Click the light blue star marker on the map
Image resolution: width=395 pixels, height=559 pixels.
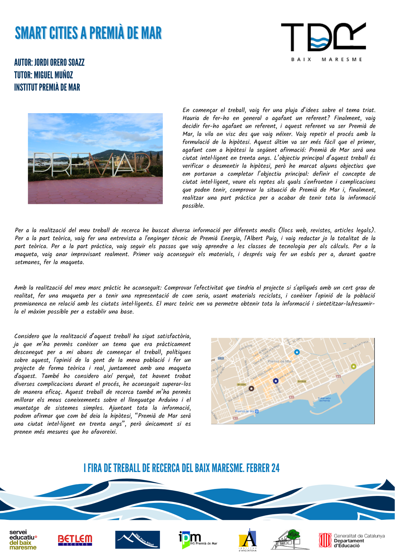[297, 352]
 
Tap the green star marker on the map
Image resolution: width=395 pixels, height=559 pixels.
[354, 366]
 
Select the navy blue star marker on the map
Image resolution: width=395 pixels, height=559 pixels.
[276, 381]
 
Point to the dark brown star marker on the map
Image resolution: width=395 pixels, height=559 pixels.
[251, 388]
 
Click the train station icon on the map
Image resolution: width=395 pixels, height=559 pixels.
[257, 411]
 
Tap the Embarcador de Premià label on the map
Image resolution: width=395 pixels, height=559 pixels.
[324, 399]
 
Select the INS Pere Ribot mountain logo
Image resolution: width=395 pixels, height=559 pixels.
[137, 540]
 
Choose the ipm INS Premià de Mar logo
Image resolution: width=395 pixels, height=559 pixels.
[198, 540]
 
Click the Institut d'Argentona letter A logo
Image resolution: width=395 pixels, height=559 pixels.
[248, 540]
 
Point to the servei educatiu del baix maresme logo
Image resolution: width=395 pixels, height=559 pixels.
[23, 540]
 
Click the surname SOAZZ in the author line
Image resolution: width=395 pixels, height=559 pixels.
[76, 62]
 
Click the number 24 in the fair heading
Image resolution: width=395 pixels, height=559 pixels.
[275, 468]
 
